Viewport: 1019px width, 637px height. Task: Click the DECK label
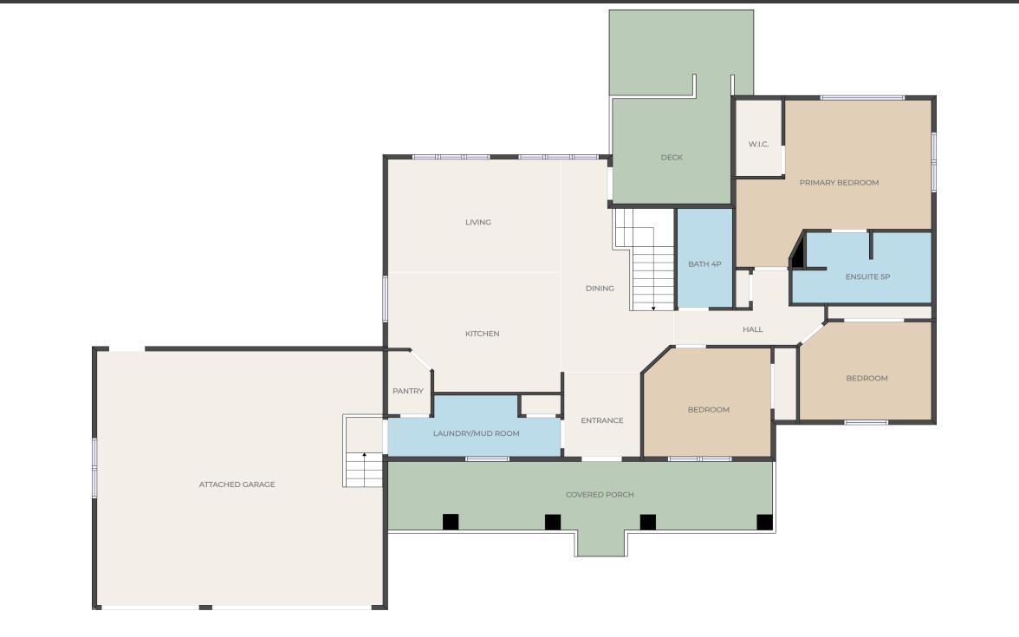(672, 158)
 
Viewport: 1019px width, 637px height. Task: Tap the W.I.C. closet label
(758, 144)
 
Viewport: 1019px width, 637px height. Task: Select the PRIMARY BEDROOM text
(839, 183)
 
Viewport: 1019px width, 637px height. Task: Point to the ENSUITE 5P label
(867, 277)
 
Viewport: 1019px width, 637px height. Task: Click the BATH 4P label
(704, 263)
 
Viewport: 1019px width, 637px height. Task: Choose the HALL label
(752, 329)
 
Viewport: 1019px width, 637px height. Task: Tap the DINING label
(600, 289)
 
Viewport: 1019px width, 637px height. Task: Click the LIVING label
(477, 222)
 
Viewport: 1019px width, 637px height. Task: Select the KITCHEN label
(482, 334)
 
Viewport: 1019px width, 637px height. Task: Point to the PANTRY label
(408, 392)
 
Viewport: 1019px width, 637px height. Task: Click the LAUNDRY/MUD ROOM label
(477, 433)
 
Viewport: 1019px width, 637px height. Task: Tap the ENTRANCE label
(601, 420)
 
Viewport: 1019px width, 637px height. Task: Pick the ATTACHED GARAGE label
(237, 484)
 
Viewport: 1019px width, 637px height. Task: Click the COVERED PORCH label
(600, 495)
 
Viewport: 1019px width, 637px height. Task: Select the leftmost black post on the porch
(451, 522)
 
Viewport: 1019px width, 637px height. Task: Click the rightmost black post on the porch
(765, 522)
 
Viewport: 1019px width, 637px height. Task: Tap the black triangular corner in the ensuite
(799, 252)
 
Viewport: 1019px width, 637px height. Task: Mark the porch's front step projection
(601, 544)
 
